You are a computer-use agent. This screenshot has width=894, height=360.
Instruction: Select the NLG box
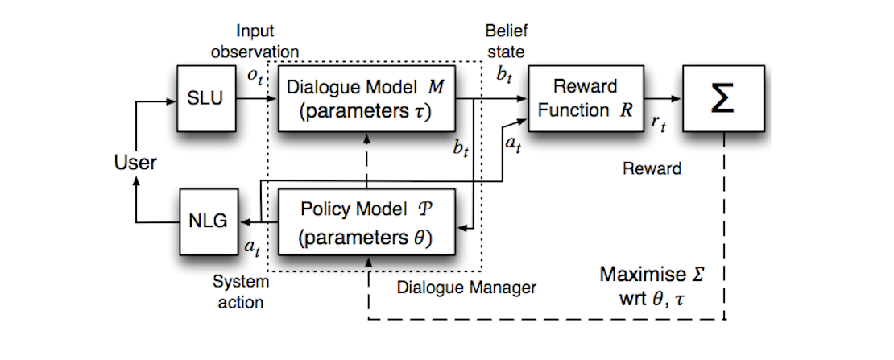coord(206,219)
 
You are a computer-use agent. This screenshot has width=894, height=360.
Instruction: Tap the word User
coord(135,163)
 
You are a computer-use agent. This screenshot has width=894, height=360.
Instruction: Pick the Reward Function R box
coord(573,100)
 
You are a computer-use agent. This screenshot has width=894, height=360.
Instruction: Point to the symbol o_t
coord(255,77)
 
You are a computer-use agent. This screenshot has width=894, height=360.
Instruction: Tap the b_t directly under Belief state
coord(504,76)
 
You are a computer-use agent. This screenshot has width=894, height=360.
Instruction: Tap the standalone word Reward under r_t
coord(652,169)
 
